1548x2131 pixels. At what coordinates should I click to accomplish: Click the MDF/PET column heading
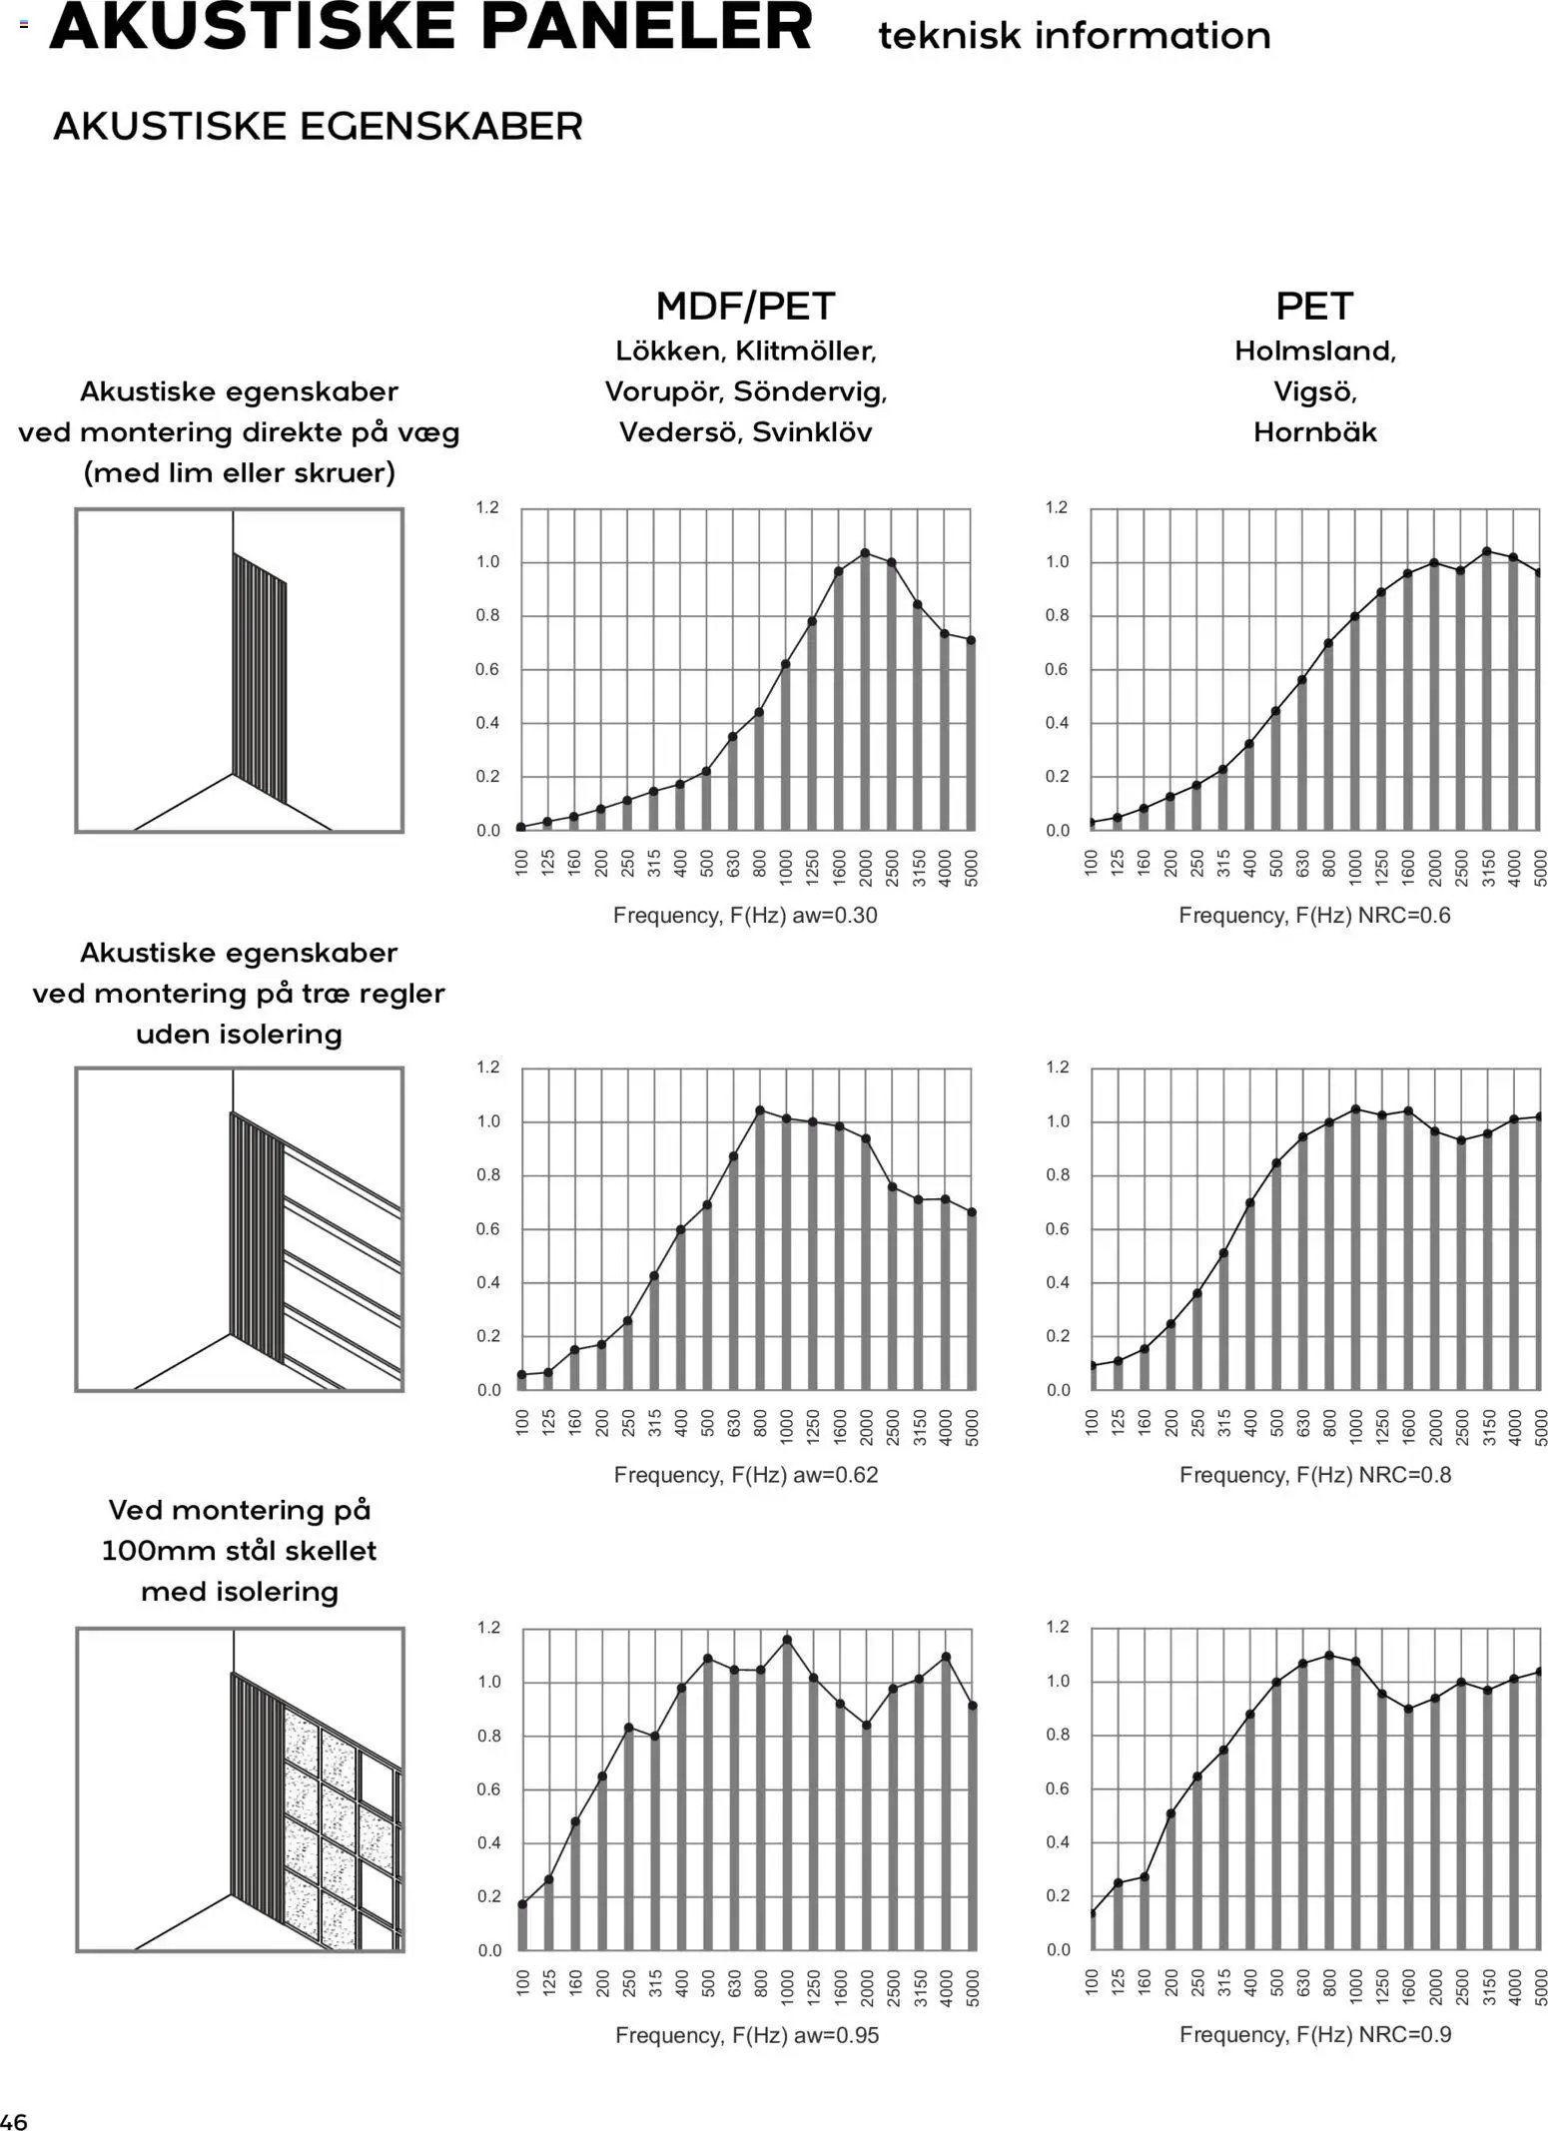tap(745, 306)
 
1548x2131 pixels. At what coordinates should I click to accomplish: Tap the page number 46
tap(15, 2121)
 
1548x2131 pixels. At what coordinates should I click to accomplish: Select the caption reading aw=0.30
tap(835, 915)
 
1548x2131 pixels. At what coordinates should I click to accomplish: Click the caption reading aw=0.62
tap(836, 1475)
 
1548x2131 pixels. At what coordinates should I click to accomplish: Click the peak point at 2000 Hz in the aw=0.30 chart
tap(865, 552)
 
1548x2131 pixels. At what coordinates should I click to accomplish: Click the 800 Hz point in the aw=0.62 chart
tap(760, 1109)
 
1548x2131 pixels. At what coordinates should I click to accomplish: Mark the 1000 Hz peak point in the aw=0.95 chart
tap(787, 1639)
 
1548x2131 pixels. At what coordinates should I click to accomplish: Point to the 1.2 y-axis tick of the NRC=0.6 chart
tap(1057, 507)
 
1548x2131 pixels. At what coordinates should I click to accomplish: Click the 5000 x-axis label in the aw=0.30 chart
tap(972, 869)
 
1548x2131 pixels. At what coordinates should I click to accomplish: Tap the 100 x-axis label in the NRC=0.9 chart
tap(1092, 1988)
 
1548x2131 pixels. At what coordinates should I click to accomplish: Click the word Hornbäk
tap(1314, 432)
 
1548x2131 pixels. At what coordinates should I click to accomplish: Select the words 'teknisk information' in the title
tap(1074, 37)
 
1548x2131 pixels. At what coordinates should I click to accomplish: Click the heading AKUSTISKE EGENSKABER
tap(318, 127)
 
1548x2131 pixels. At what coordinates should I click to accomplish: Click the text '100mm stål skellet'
tap(239, 1551)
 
